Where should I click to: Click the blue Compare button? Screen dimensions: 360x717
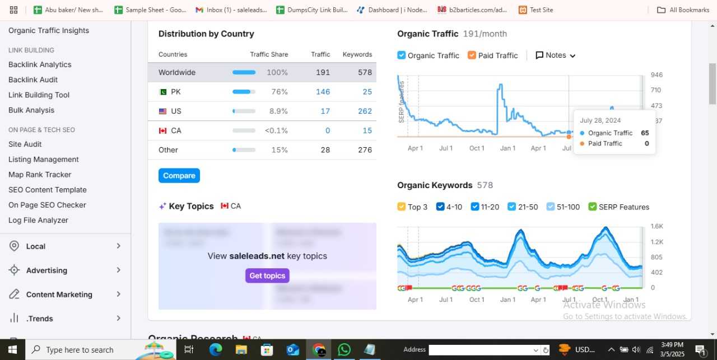point(179,176)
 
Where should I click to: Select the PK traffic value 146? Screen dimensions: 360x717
point(323,92)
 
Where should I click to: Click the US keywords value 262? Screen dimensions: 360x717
point(365,111)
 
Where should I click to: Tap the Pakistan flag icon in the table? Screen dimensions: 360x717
point(163,92)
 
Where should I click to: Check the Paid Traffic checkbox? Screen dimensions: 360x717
point(472,55)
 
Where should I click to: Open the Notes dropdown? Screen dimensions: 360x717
point(555,55)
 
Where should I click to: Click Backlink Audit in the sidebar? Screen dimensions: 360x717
point(33,80)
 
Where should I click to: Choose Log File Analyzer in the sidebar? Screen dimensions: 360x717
point(38,221)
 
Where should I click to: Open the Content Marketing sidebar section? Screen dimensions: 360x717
point(59,294)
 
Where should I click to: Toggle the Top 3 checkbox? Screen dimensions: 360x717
point(402,207)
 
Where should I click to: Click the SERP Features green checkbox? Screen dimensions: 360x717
point(593,207)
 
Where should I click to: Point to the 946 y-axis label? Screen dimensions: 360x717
point(657,75)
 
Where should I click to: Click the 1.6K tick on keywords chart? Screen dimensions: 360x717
point(657,226)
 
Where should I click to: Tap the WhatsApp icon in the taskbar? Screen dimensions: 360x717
point(344,349)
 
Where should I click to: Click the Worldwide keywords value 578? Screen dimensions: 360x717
point(365,73)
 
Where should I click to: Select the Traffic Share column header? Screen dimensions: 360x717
point(269,55)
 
